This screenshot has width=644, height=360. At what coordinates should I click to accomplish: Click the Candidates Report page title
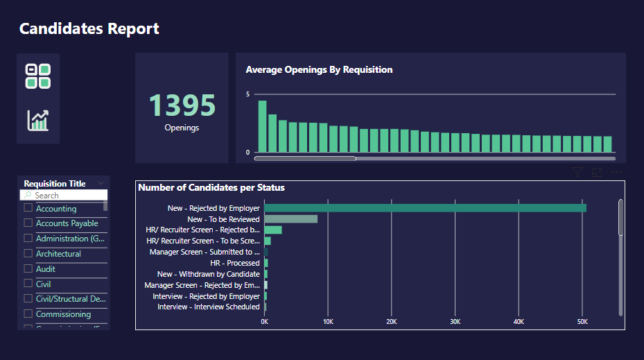[x=89, y=28]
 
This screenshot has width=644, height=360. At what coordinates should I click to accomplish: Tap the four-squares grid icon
[x=38, y=76]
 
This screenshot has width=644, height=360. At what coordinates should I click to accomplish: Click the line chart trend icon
[x=38, y=120]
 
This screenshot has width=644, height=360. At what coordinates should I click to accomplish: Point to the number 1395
[x=182, y=105]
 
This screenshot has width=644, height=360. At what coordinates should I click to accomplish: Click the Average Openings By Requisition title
[x=319, y=69]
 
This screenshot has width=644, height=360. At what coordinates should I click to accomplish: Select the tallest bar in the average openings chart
[x=262, y=126]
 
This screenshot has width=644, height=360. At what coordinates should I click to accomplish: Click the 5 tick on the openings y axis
[x=248, y=94]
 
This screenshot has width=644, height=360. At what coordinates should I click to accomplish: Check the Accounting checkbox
[x=28, y=208]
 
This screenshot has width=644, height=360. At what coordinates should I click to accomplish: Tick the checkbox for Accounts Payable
[x=28, y=223]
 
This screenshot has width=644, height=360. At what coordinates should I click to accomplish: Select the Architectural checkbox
[x=28, y=254]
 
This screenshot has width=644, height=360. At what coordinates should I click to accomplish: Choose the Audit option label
[x=46, y=269]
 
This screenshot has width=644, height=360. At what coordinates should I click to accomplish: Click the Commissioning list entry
[x=63, y=314]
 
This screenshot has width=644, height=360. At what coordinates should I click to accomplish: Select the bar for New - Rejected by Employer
[x=425, y=208]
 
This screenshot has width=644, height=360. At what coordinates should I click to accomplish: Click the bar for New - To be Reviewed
[x=290, y=219]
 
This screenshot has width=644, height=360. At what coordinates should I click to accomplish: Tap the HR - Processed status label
[x=234, y=263]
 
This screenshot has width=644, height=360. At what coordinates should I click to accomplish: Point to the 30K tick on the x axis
[x=455, y=322]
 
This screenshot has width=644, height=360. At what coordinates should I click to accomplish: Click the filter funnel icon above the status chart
[x=577, y=173]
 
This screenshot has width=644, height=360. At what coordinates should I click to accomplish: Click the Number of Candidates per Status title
[x=211, y=187]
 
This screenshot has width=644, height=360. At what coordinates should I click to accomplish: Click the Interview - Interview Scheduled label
[x=208, y=307]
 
